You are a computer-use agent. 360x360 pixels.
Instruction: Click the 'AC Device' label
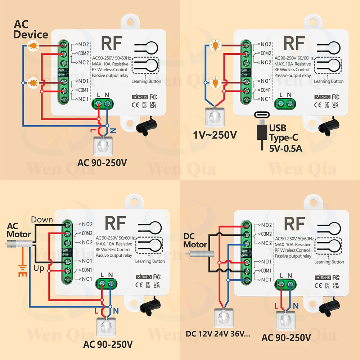(x=31, y=30)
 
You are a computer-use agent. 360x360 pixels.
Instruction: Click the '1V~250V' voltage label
(x=215, y=135)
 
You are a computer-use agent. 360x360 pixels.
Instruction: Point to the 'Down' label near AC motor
(x=42, y=220)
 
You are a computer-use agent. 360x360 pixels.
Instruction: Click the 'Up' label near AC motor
(x=39, y=269)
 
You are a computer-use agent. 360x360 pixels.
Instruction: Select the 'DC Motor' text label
(x=195, y=240)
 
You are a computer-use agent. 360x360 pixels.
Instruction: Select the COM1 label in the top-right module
(x=265, y=90)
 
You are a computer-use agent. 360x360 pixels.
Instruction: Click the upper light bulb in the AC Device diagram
(x=33, y=45)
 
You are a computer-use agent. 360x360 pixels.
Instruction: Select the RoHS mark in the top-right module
(x=322, y=96)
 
